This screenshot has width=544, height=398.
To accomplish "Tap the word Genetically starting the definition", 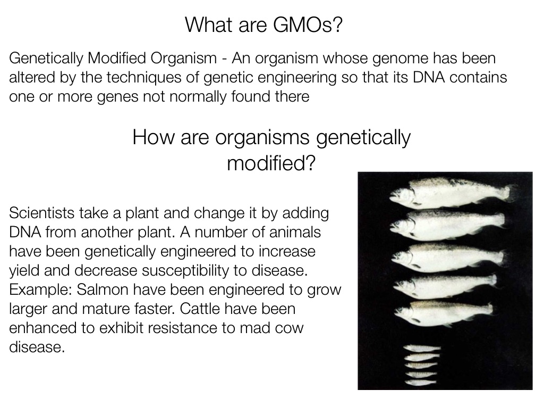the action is (46, 59).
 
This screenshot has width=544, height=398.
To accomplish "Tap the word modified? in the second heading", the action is (271, 163).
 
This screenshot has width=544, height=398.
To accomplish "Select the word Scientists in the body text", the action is (41, 213).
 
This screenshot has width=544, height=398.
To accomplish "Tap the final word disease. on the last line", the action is (37, 347).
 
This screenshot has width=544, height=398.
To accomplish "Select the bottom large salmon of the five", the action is (444, 314).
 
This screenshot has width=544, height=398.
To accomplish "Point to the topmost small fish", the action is (422, 348).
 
